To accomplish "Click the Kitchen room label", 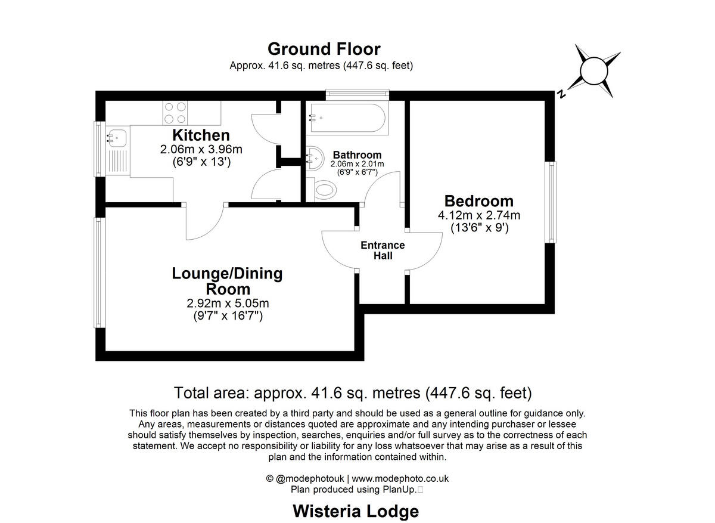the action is [x=201, y=135].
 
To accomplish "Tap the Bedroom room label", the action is [x=479, y=202].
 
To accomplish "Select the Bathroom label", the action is [x=357, y=155].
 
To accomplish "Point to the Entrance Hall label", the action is [x=383, y=250].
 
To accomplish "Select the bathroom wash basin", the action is [x=315, y=158].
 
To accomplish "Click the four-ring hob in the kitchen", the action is [x=175, y=113].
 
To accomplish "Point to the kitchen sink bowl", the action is [x=117, y=138].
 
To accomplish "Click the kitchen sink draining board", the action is [x=117, y=162].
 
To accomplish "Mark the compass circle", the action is [x=594, y=71].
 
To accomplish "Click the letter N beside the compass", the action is [x=561, y=94].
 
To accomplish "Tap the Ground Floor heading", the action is [x=324, y=49].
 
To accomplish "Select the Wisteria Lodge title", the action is [x=356, y=511].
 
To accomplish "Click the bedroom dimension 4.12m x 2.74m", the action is [x=479, y=215].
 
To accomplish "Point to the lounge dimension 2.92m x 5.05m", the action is [x=228, y=303].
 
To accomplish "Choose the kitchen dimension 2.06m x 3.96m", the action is [x=201, y=149].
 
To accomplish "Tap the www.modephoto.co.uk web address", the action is [x=400, y=478].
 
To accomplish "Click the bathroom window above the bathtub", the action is [x=357, y=93].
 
